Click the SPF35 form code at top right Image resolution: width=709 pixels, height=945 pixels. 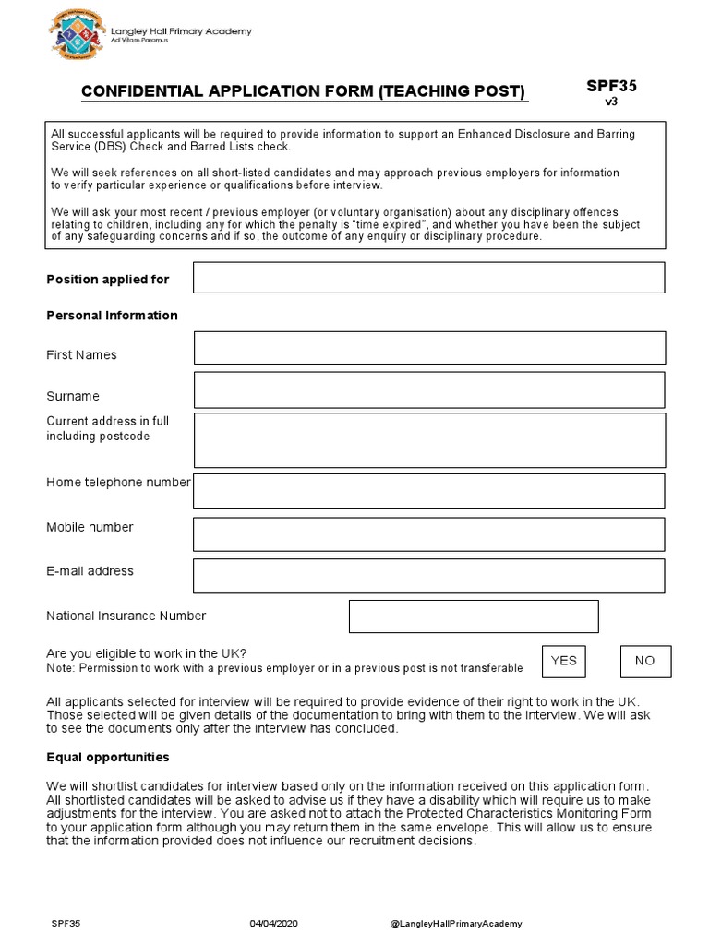click(611, 86)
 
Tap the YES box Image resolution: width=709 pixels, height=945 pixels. click(563, 661)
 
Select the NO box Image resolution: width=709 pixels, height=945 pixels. click(644, 661)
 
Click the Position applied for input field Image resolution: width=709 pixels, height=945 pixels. click(428, 278)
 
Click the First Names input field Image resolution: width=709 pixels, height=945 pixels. click(428, 348)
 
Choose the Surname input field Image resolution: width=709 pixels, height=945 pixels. click(428, 389)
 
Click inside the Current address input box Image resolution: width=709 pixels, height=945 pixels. click(428, 440)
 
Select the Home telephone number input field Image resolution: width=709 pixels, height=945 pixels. click(428, 491)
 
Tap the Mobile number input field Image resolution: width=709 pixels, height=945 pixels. click(428, 534)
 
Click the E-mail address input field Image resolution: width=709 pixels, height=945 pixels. click(428, 576)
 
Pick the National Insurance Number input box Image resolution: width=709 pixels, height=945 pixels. click(473, 616)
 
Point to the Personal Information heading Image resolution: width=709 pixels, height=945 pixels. click(112, 316)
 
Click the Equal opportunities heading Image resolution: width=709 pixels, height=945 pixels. click(108, 758)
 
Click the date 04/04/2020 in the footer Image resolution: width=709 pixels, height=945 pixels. click(274, 924)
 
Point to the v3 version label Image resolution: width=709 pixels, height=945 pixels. click(611, 102)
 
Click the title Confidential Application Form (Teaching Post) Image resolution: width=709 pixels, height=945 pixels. click(305, 91)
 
